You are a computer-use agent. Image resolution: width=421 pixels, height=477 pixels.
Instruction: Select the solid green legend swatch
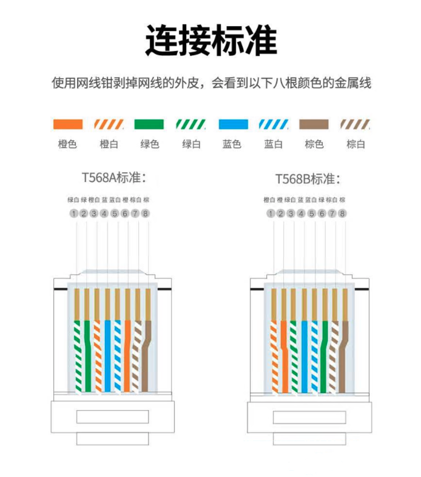tap(149, 124)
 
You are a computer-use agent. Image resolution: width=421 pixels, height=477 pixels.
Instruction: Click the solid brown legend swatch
tap(314, 124)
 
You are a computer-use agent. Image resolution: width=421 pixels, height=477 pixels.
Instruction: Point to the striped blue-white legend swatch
tap(274, 124)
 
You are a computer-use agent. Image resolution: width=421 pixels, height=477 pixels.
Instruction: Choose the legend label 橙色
tap(67, 144)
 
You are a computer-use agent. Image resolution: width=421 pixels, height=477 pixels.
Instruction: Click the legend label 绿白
tap(191, 144)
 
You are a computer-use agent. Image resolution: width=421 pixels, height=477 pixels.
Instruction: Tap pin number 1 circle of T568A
tap(73, 214)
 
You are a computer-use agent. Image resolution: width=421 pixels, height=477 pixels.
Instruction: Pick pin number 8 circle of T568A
tap(146, 214)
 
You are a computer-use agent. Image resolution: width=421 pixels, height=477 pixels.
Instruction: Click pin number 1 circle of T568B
tap(271, 214)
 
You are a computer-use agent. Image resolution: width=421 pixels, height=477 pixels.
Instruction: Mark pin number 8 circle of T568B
tap(343, 214)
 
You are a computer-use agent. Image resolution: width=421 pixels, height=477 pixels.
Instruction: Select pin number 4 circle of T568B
tap(301, 214)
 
